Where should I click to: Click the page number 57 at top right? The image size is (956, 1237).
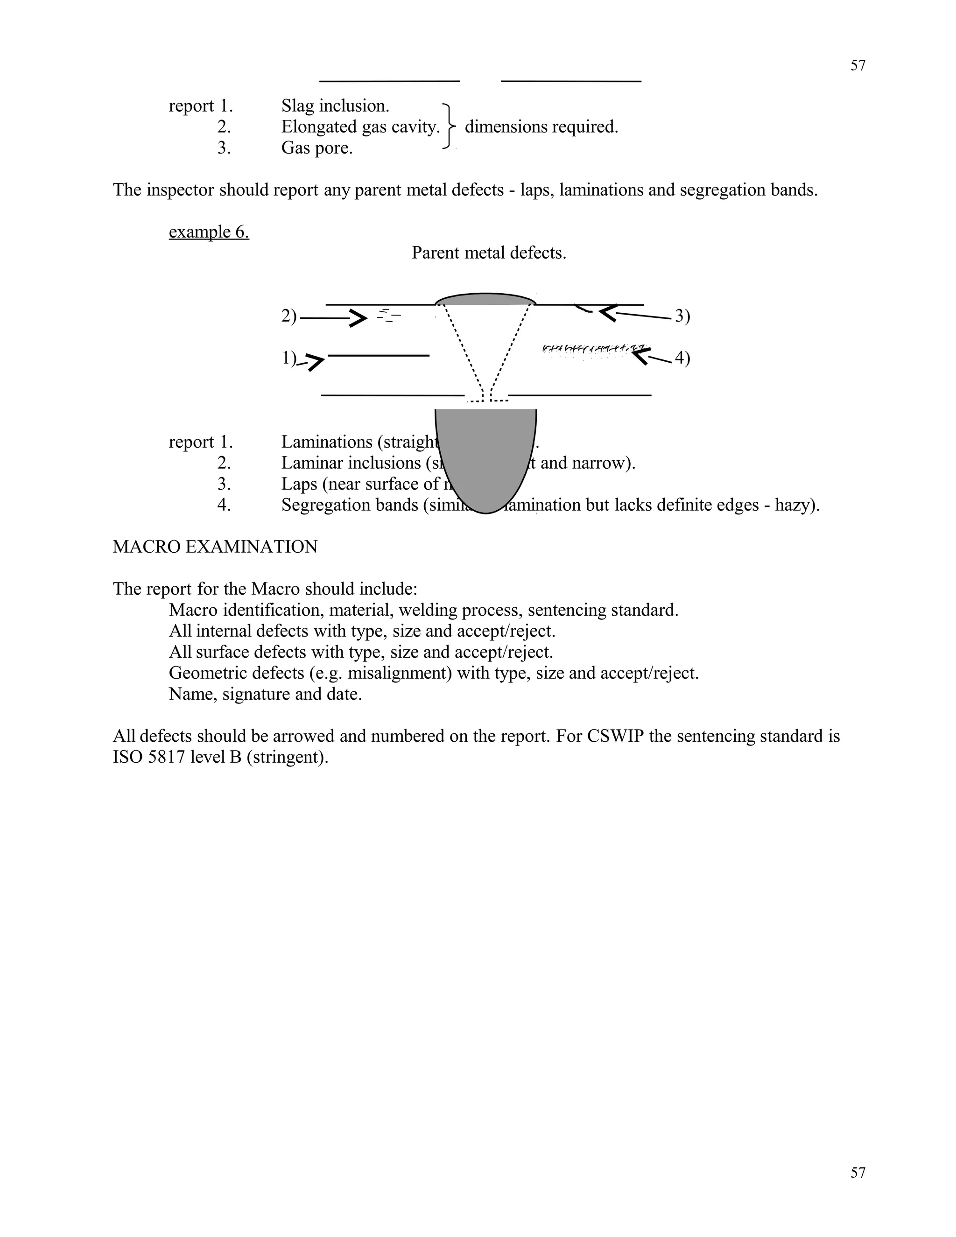pos(858,66)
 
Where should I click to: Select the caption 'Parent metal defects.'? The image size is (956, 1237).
pos(488,253)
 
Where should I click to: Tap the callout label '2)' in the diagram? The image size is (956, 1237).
pos(289,316)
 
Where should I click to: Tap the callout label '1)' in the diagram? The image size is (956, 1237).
pos(289,358)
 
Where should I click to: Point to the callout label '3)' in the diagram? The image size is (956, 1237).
pos(682,316)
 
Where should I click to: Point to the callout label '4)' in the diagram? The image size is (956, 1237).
pos(682,358)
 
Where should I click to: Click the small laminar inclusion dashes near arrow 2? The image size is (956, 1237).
pos(388,316)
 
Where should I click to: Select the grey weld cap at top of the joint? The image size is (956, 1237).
pos(485,300)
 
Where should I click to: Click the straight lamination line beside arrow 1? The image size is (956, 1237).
pos(378,356)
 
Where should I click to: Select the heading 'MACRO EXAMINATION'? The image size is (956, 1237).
pos(215,547)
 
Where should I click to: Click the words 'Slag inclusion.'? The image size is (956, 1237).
pos(335,106)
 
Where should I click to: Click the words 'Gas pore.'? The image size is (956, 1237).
pos(316,148)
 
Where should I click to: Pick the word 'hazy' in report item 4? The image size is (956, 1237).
pos(793,505)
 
